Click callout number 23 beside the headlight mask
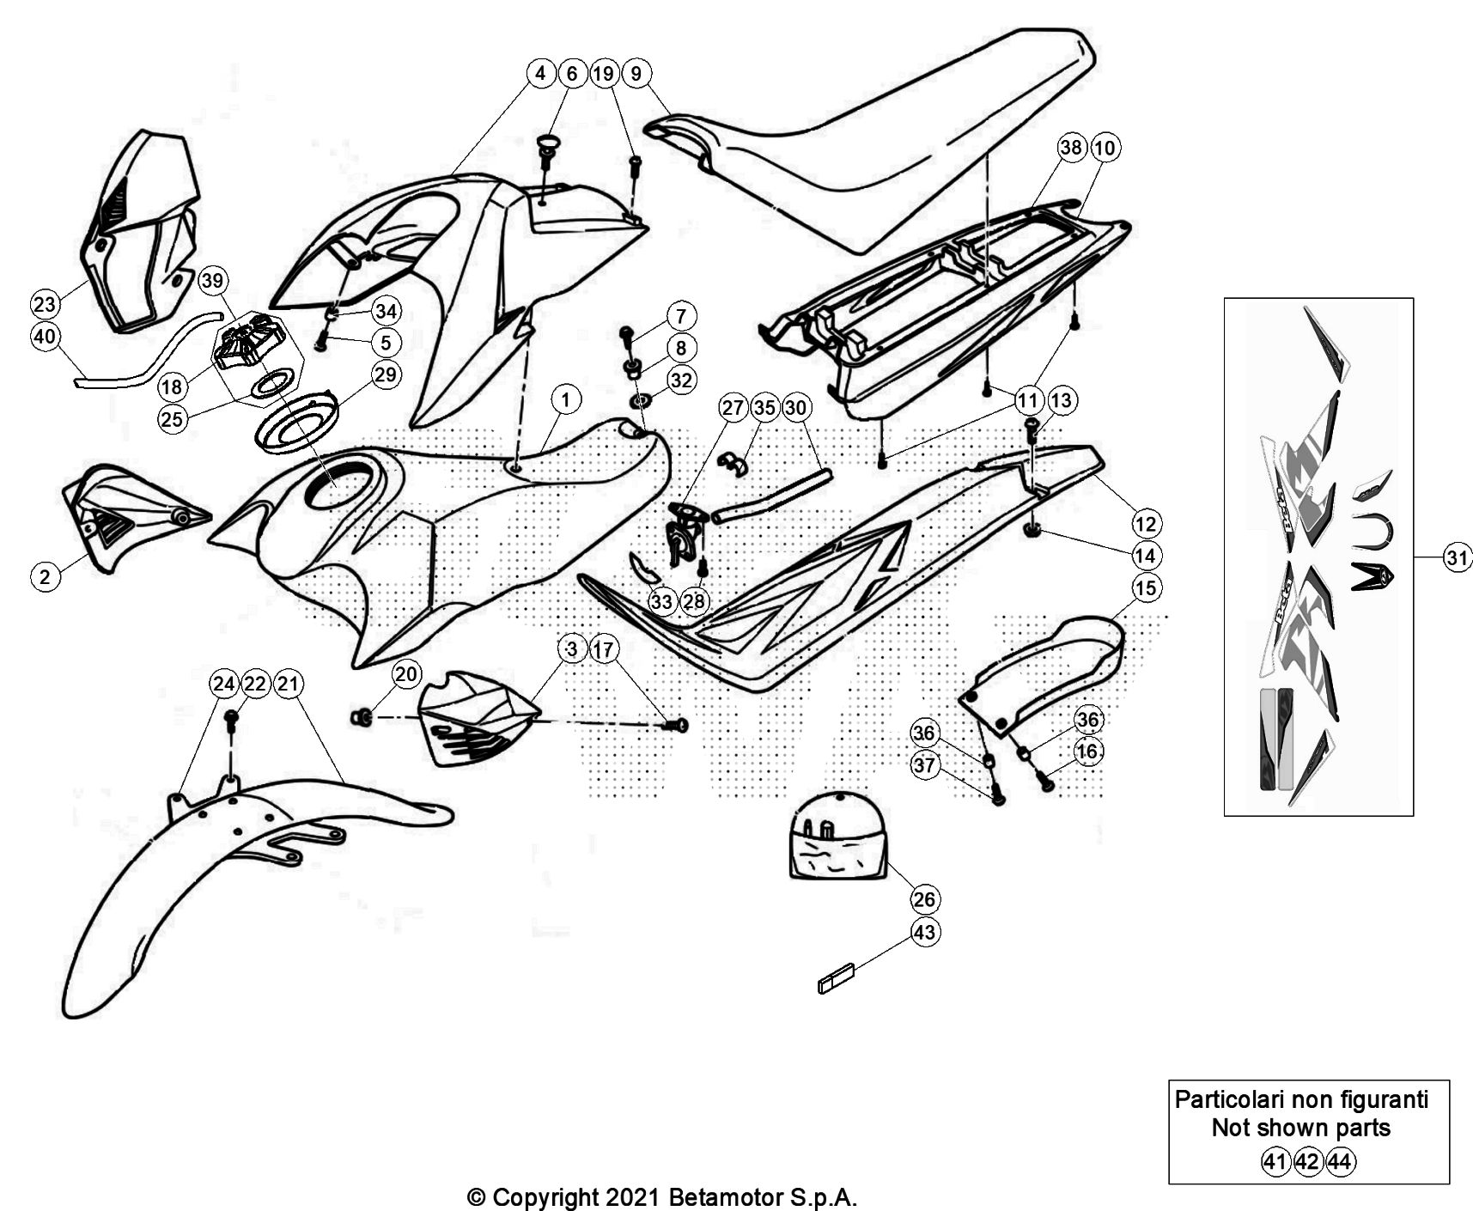(x=45, y=303)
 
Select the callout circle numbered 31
(x=1457, y=558)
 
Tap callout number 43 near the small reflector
(x=924, y=932)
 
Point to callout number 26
(x=924, y=899)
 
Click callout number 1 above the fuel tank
(x=565, y=399)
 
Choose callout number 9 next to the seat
(x=636, y=73)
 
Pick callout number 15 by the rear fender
(x=1146, y=587)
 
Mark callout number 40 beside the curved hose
(x=45, y=336)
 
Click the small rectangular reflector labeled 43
(x=837, y=978)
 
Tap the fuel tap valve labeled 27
(x=685, y=532)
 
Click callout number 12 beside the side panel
(x=1146, y=523)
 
